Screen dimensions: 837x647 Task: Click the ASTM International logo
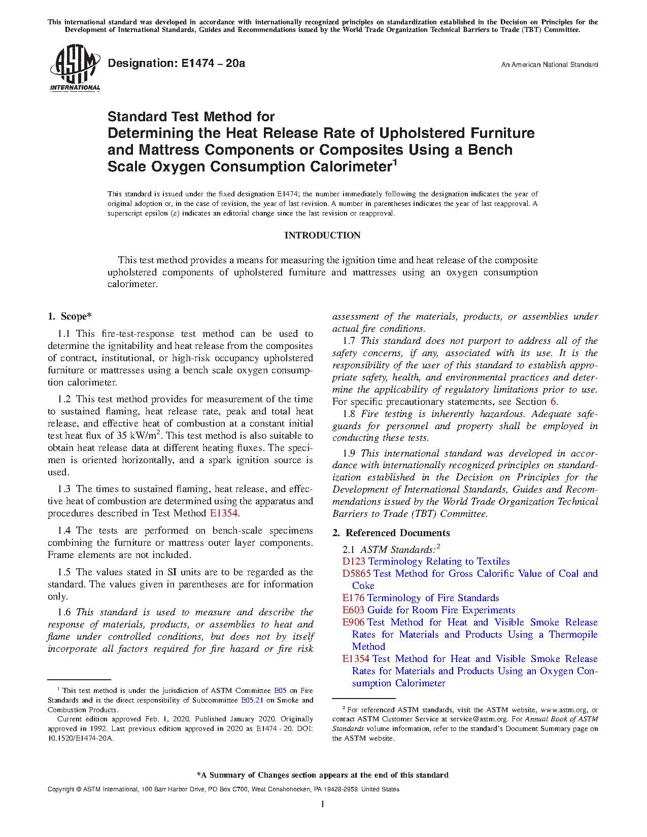pyautogui.click(x=75, y=67)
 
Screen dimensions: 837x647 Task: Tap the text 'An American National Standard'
pyautogui.click(x=549, y=65)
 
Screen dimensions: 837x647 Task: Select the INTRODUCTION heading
pyautogui.click(x=322, y=235)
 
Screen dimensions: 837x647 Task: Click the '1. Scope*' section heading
pyautogui.click(x=70, y=317)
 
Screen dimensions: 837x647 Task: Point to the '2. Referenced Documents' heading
pyautogui.click(x=391, y=533)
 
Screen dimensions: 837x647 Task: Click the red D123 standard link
pyautogui.click(x=354, y=562)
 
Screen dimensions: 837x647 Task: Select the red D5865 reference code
pyautogui.click(x=356, y=574)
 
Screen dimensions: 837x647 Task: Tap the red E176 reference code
pyautogui.click(x=353, y=598)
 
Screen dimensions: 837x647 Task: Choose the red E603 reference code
pyautogui.click(x=353, y=610)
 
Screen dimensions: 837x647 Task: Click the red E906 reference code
pyautogui.click(x=353, y=622)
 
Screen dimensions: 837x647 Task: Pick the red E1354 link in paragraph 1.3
pyautogui.click(x=224, y=513)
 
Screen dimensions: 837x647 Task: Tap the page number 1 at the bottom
pyautogui.click(x=323, y=804)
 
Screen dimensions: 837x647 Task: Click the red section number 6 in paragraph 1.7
pyautogui.click(x=554, y=402)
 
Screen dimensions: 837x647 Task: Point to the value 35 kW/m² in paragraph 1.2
pyautogui.click(x=139, y=435)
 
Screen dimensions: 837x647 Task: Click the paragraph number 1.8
pyautogui.click(x=349, y=414)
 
